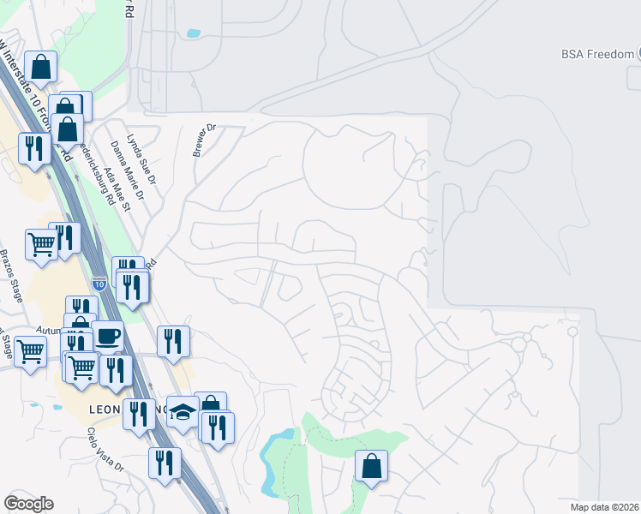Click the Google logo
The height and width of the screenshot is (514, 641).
(x=28, y=504)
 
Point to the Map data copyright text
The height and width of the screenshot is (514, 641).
(x=605, y=507)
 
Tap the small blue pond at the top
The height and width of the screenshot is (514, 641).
(x=193, y=34)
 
